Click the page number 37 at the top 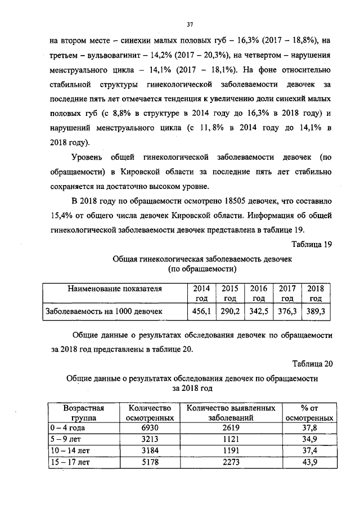(x=190, y=24)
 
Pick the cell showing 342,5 (x=259, y=310)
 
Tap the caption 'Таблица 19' (x=313, y=244)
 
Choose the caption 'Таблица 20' (x=313, y=363)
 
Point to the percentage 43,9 (x=309, y=462)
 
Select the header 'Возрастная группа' (x=83, y=412)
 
